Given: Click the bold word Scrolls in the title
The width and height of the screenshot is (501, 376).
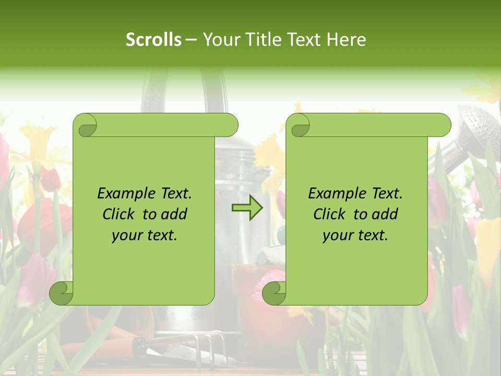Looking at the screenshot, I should tap(154, 40).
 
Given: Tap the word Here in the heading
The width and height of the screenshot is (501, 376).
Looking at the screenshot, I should tap(346, 40).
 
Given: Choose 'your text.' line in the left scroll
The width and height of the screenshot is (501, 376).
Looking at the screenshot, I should tap(145, 235).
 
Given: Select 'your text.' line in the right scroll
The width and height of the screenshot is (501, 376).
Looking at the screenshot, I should tap(355, 235).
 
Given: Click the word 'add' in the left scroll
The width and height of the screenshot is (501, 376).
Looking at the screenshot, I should tap(174, 214).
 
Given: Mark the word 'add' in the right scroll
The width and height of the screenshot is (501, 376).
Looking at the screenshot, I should tap(385, 214).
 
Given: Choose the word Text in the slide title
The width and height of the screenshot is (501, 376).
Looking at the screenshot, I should tap(306, 40).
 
